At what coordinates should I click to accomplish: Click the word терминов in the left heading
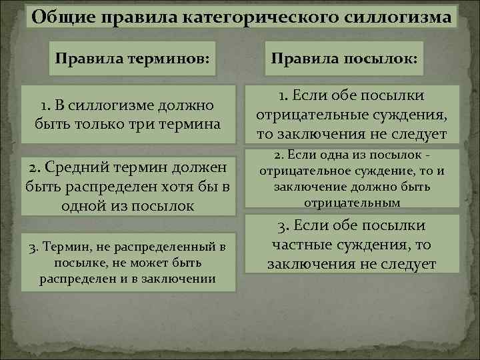(x=173, y=59)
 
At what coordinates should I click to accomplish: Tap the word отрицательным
(x=352, y=201)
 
